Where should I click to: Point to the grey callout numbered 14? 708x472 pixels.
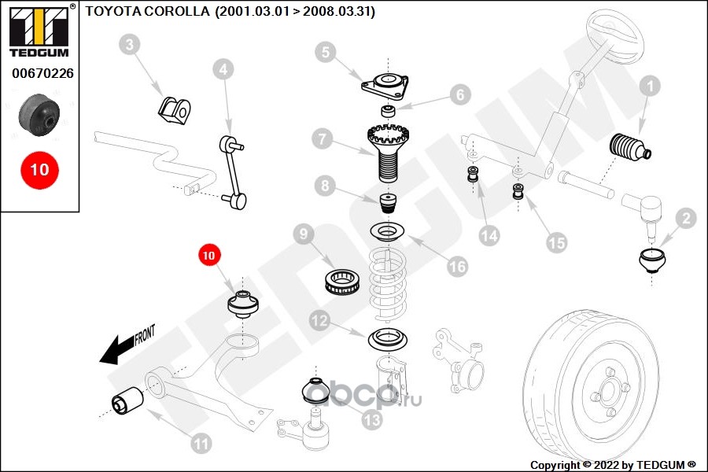(489, 234)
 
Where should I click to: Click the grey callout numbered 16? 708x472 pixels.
(458, 267)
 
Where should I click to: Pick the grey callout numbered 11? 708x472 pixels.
(201, 444)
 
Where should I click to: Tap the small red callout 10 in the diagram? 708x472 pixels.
(209, 255)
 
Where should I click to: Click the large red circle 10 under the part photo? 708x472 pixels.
(39, 169)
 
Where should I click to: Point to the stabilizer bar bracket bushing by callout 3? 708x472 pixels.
(174, 110)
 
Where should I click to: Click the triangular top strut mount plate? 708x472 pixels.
(385, 83)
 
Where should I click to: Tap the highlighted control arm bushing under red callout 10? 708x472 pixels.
(243, 304)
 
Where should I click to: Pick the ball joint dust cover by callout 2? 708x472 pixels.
(652, 260)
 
